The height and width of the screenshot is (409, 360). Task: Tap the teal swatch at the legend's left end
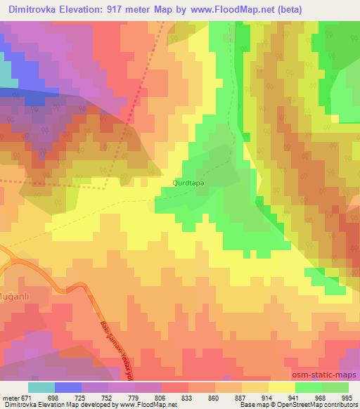tap(41, 387)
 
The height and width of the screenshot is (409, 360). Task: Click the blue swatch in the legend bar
tap(68, 387)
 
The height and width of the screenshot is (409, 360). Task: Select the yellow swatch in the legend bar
tap(281, 387)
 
